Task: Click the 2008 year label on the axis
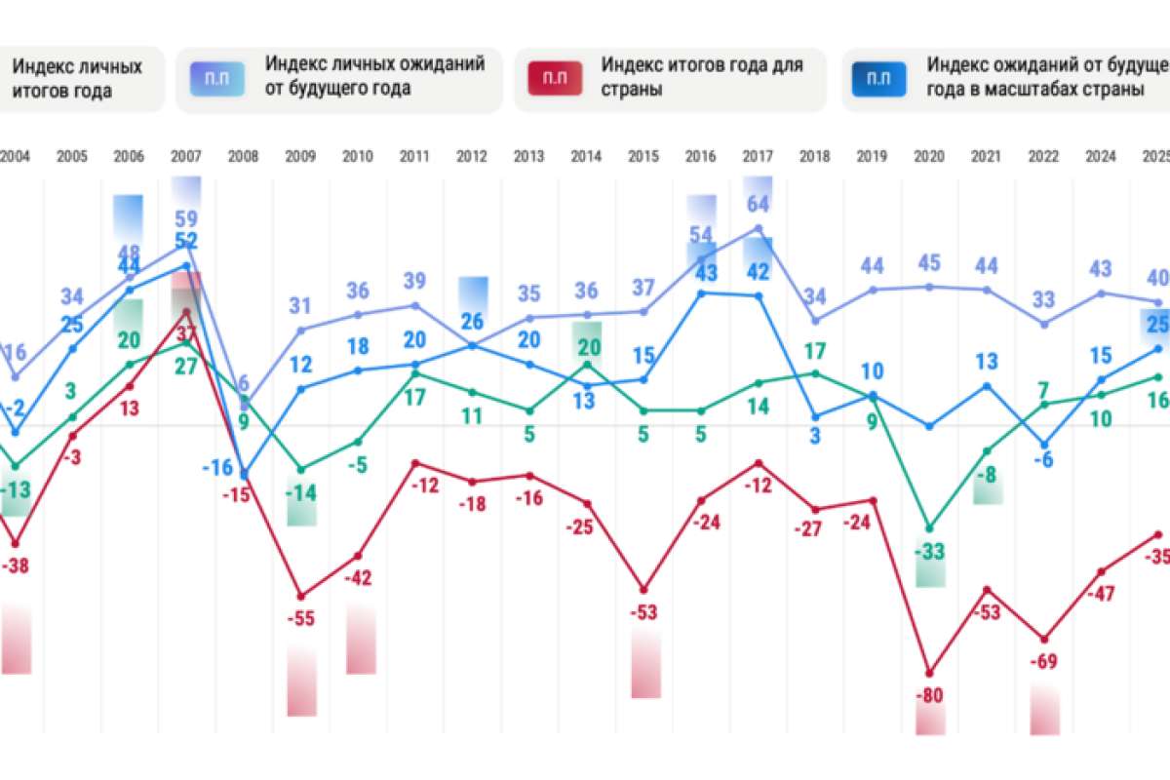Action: [x=244, y=155]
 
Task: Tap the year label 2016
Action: [x=700, y=155]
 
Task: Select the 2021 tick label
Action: [x=987, y=155]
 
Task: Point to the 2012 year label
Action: [x=472, y=155]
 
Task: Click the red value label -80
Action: [x=929, y=695]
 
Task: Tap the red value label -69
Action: [x=1044, y=663]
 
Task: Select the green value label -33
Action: [x=929, y=552]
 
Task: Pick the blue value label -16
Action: [x=216, y=467]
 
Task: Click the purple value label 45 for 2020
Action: [x=929, y=264]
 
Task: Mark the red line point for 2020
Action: [x=929, y=673]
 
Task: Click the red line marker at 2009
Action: [x=301, y=596]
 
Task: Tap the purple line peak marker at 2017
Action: [x=758, y=228]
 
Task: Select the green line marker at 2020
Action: [x=929, y=528]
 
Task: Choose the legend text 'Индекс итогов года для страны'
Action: [x=702, y=77]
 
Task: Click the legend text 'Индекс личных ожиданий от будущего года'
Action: [x=375, y=77]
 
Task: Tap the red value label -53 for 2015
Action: [x=644, y=612]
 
